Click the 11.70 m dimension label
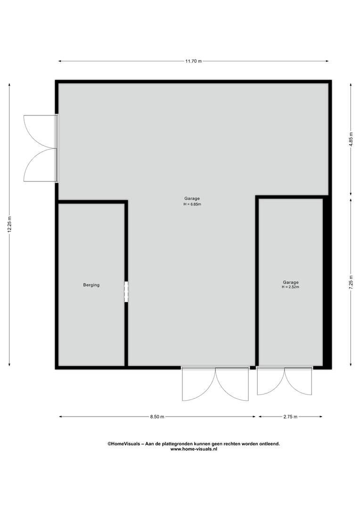click(194, 61)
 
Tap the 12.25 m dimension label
click(9, 224)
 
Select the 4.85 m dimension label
click(351, 140)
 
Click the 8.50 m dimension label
click(157, 417)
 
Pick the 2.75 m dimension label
click(290, 417)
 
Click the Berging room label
click(91, 285)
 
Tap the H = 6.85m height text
click(192, 204)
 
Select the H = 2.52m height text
click(290, 287)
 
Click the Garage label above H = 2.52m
click(291, 282)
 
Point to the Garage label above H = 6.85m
click(192, 198)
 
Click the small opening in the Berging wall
click(126, 292)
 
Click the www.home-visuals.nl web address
click(194, 449)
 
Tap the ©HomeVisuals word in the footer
click(124, 444)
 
